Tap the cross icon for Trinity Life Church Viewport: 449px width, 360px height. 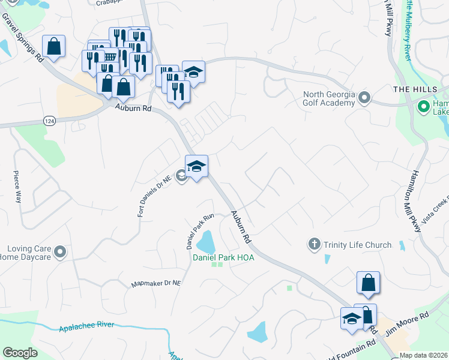click(313, 244)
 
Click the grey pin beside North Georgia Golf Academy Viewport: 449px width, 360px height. click(364, 98)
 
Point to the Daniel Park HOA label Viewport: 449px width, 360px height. click(223, 257)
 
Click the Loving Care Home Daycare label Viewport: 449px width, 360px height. click(28, 253)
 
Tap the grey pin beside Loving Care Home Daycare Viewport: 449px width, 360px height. click(59, 253)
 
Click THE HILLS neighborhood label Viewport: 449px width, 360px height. click(412, 89)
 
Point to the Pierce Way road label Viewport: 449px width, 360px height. click(17, 188)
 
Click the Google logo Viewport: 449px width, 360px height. click(20, 352)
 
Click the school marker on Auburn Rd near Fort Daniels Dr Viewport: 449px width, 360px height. click(196, 166)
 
